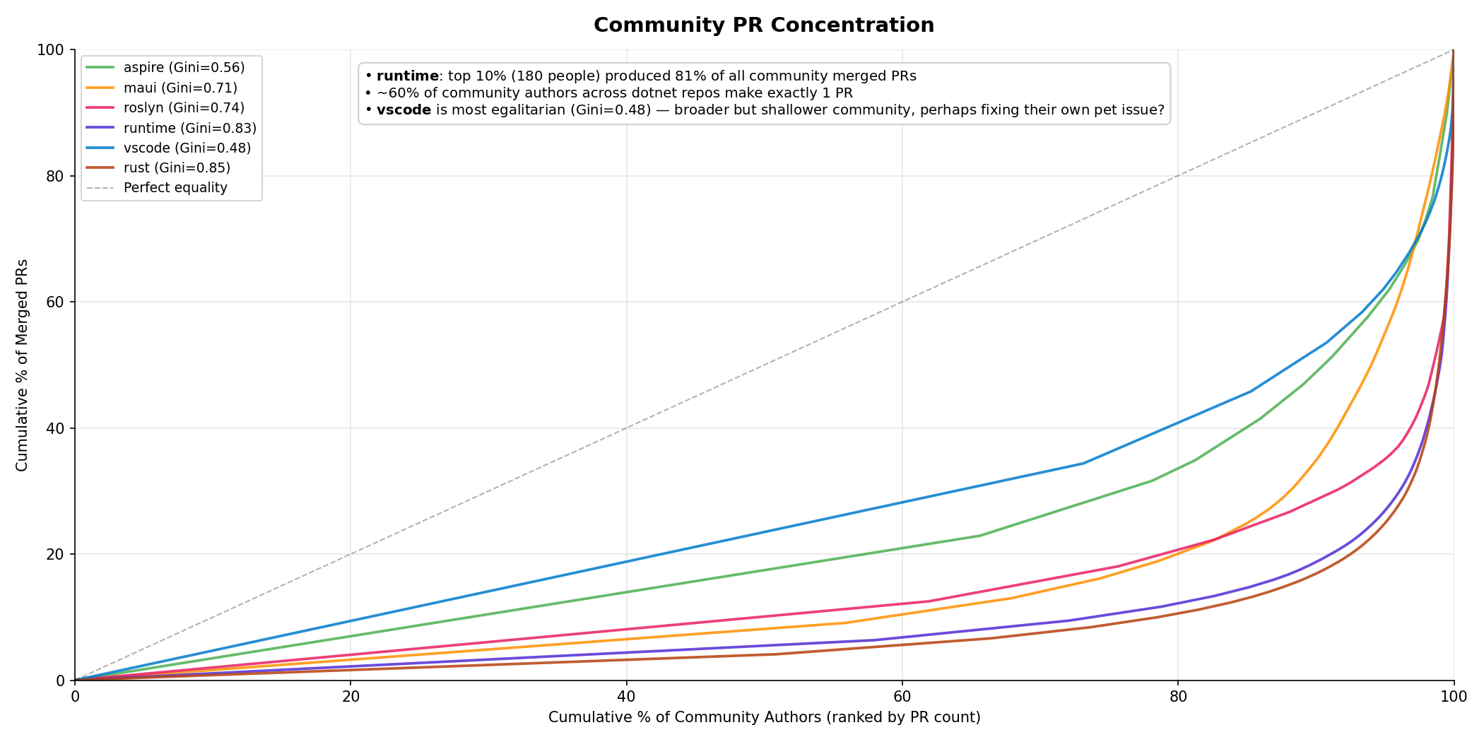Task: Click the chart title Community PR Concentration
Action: click(764, 25)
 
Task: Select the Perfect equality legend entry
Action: click(175, 188)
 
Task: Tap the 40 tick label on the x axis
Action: click(626, 696)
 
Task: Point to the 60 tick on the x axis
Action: click(902, 696)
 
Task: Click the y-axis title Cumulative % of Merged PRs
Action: click(22, 365)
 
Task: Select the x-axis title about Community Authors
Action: click(764, 718)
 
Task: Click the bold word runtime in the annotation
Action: click(407, 76)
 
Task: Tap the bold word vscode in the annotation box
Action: click(404, 111)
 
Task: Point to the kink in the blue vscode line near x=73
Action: click(1083, 464)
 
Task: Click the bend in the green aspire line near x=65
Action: click(979, 536)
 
